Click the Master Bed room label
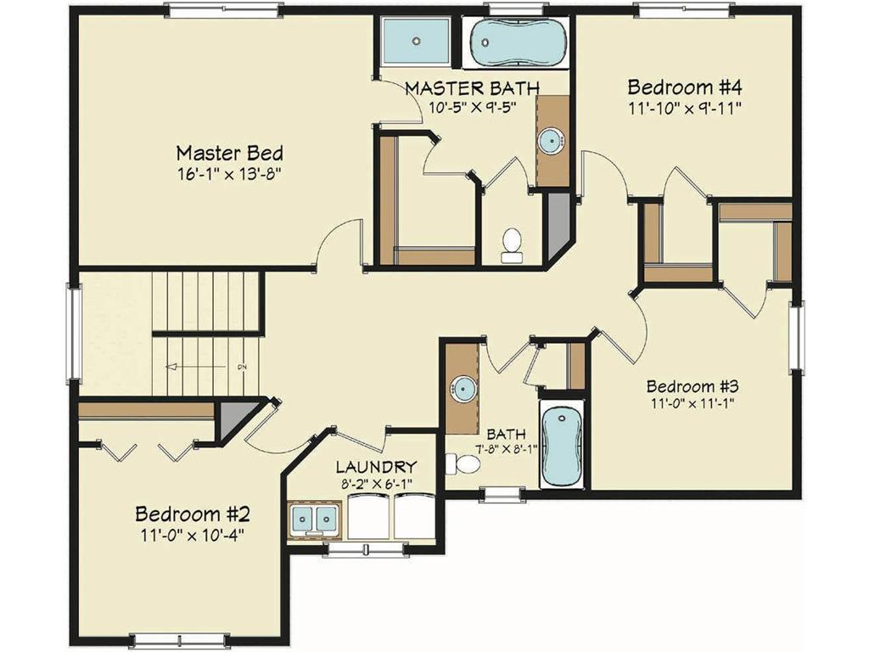coord(229,154)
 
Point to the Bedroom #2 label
coord(192,514)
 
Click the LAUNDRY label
coord(376,467)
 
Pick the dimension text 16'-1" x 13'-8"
coord(229,174)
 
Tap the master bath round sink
coord(552,141)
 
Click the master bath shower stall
coord(417,40)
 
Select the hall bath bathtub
coord(563,446)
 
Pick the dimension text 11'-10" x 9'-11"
coord(685,108)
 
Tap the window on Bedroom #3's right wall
coord(796,336)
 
